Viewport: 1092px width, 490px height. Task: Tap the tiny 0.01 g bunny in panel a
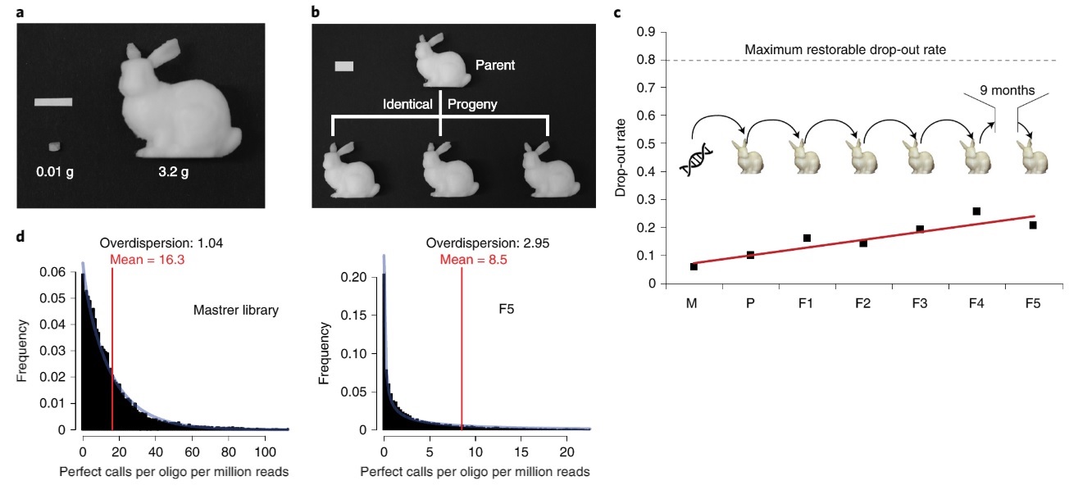54,147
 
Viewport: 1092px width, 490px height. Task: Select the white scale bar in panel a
53,102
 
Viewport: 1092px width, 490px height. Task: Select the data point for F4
976,211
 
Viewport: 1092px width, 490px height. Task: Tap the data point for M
694,266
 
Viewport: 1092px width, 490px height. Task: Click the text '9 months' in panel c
1007,92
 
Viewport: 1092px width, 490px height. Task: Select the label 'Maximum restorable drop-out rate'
845,50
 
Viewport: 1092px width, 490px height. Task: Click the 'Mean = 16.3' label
141,260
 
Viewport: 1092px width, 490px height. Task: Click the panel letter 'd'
22,237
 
